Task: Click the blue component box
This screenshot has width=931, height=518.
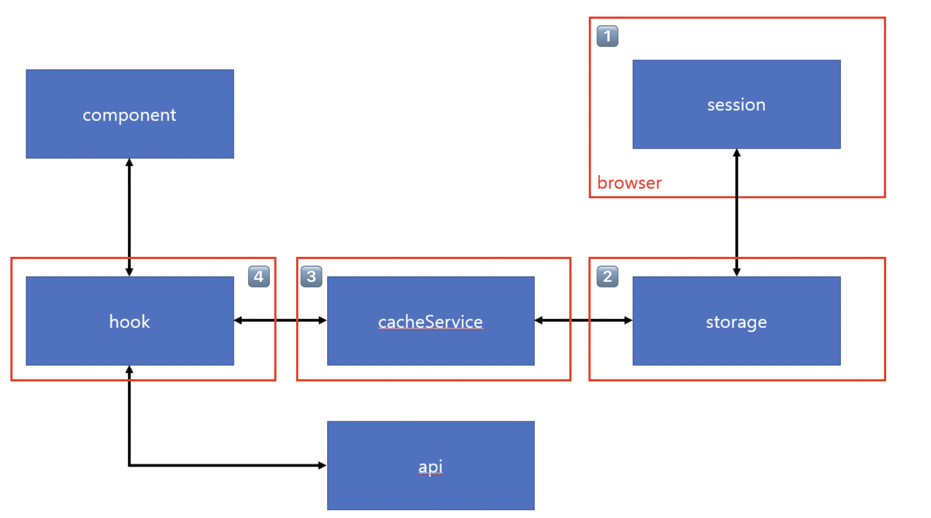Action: tap(130, 114)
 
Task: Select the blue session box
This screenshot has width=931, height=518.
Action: tap(736, 104)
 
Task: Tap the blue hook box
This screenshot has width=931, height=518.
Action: tap(130, 321)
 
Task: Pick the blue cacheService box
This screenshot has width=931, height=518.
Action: tap(431, 321)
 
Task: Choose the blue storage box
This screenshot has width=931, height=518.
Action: tap(736, 321)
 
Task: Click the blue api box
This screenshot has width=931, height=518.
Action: tap(431, 465)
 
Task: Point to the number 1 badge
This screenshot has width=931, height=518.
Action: tap(607, 36)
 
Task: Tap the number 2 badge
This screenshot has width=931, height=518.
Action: tap(607, 276)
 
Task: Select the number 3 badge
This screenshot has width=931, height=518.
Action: tap(311, 276)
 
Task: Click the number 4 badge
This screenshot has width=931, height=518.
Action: tap(258, 276)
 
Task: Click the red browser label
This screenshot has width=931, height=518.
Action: tap(629, 183)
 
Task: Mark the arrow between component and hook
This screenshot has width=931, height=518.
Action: tap(129, 217)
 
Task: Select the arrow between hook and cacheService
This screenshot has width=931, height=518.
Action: tap(280, 320)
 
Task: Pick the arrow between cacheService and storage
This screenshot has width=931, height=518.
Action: tap(583, 320)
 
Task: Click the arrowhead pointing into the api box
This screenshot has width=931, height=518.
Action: tap(322, 465)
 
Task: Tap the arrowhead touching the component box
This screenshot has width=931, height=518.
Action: tap(129, 162)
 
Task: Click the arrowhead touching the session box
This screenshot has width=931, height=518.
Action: tap(736, 153)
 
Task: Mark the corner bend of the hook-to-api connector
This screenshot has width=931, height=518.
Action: tap(129, 465)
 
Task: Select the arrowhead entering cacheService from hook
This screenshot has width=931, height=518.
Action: tap(322, 320)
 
